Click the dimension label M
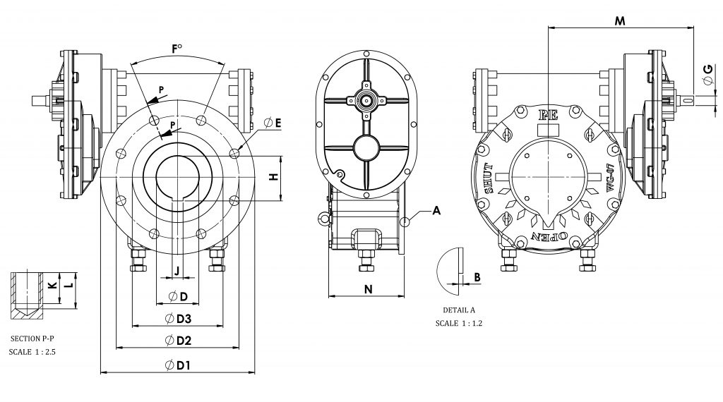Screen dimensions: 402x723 click(620, 20)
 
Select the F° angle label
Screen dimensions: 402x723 click(177, 49)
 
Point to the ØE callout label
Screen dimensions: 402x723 click(272, 123)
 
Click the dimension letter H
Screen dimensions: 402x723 click(273, 178)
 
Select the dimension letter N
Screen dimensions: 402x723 click(367, 288)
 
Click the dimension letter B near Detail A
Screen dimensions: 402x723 click(478, 277)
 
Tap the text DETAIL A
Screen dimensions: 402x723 click(459, 310)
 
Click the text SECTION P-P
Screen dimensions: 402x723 click(35, 339)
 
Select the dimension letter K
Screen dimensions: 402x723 click(51, 285)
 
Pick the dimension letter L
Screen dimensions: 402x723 click(68, 286)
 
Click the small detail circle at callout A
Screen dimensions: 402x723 click(406, 221)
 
